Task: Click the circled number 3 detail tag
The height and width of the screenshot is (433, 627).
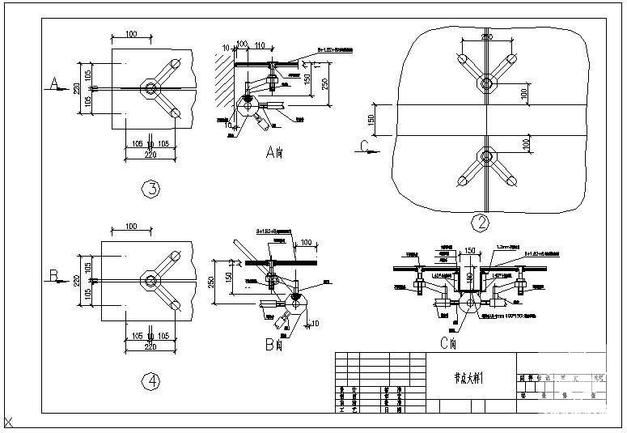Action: tap(150, 189)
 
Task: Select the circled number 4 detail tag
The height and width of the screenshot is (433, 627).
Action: tap(150, 383)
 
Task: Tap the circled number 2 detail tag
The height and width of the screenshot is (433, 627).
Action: tap(482, 222)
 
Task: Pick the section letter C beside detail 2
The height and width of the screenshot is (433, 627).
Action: tap(366, 146)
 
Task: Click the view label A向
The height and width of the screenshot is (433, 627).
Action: tap(273, 151)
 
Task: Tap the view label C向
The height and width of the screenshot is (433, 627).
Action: tap(450, 343)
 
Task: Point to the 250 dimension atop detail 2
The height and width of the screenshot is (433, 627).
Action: tap(486, 36)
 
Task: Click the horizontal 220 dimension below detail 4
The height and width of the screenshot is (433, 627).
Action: tap(150, 346)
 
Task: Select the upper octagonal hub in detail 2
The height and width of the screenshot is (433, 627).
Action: tap(486, 83)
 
